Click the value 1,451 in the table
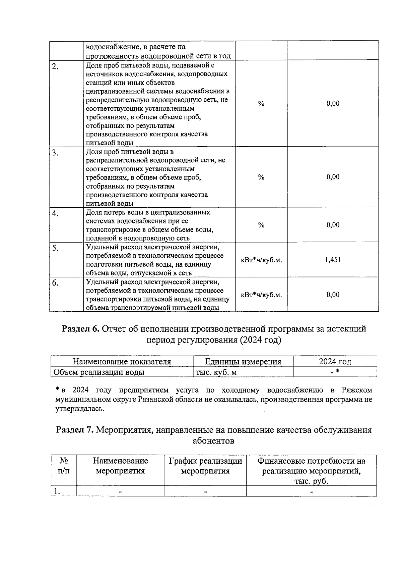(333, 260)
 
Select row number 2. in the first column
(55, 66)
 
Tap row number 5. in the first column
(55, 248)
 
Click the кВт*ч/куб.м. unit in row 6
(261, 295)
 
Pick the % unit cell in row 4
(261, 225)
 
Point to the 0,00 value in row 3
(333, 177)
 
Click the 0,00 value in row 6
(333, 295)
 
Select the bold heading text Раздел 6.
(80, 329)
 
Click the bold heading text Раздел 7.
(74, 430)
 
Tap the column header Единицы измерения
(243, 361)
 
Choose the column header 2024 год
(335, 361)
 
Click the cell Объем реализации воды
(99, 372)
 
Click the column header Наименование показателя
(122, 361)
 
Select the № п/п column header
(64, 466)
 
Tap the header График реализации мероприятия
(205, 466)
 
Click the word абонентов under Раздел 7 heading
(213, 440)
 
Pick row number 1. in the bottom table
(57, 491)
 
